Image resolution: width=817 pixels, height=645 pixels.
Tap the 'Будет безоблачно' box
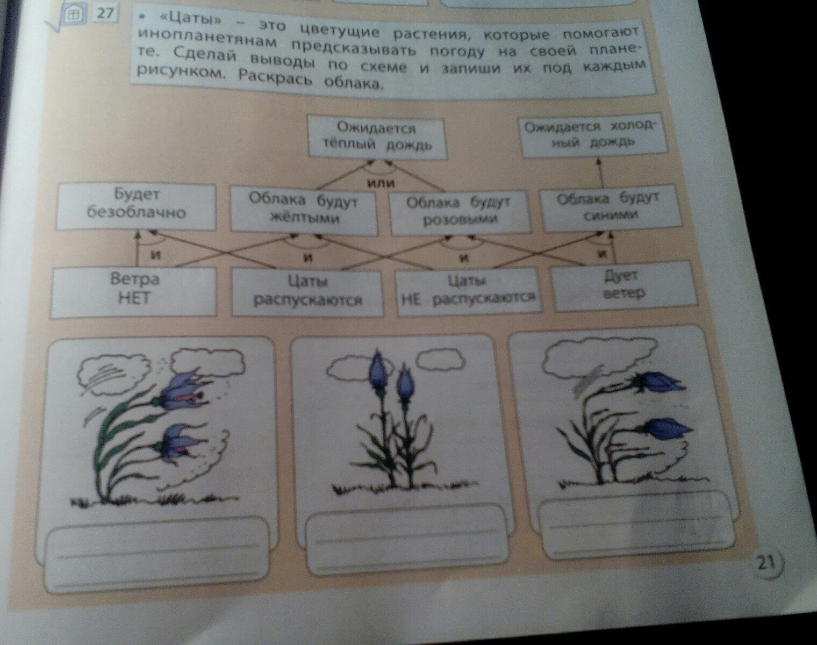click(135, 206)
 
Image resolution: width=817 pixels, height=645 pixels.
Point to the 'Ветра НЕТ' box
click(134, 291)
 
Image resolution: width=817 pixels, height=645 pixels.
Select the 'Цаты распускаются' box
click(307, 293)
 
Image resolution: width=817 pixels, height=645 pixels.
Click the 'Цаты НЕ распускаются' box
click(469, 291)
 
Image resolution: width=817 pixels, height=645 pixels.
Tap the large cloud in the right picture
click(598, 359)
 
